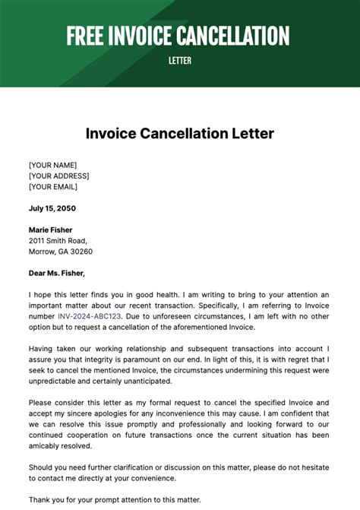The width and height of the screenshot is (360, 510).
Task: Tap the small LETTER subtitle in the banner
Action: point(180,60)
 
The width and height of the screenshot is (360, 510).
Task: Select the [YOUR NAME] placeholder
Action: point(52,165)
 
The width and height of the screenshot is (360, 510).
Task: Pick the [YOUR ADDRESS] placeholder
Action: point(58,176)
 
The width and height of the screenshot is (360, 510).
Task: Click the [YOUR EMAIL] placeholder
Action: point(53,186)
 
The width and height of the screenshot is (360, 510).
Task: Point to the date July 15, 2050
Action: point(52,208)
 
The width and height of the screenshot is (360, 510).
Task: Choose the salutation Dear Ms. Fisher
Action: point(57,273)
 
